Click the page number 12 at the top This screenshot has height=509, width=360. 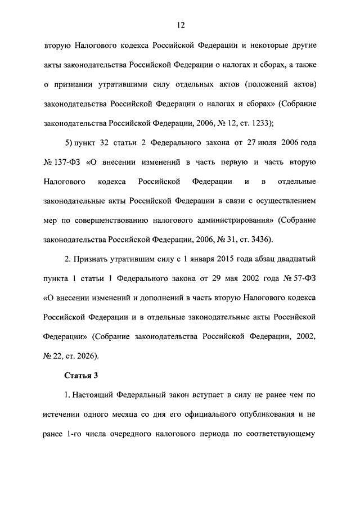[x=180, y=25]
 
